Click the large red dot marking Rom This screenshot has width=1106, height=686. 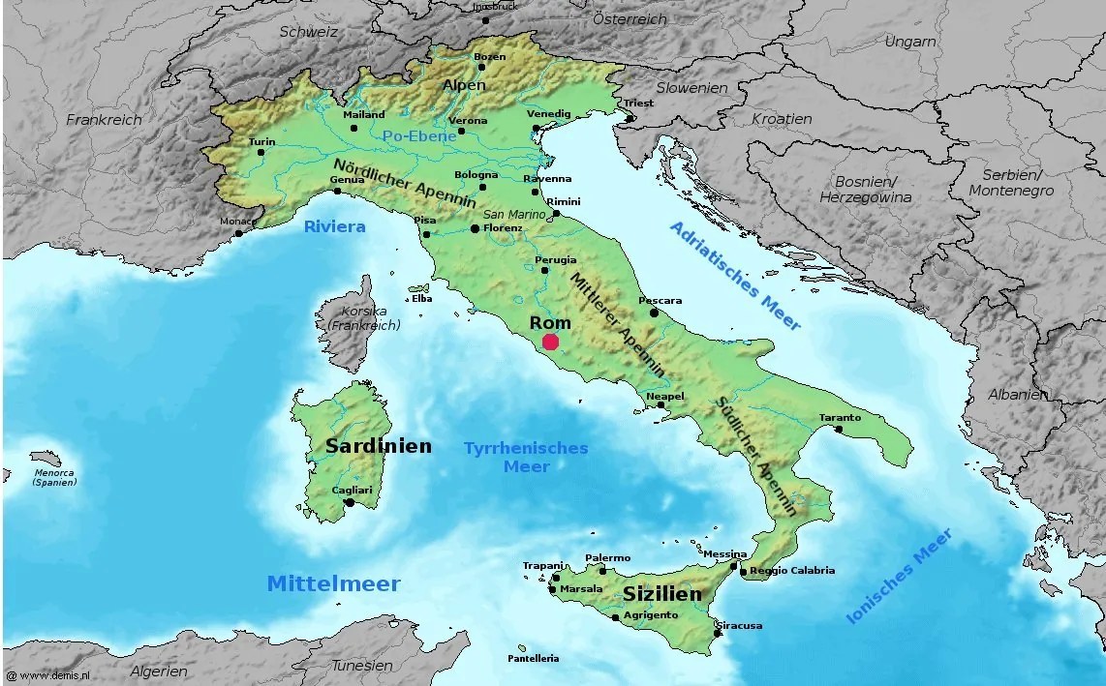pos(550,341)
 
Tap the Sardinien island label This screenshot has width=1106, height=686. pos(379,446)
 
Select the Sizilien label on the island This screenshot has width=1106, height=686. pos(661,593)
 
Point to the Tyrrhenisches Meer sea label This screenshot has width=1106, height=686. pos(526,457)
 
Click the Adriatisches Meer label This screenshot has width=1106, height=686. pos(736,275)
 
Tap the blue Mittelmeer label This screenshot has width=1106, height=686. pos(333,583)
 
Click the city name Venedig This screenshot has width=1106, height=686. pos(549,113)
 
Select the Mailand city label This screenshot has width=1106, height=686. pos(364,114)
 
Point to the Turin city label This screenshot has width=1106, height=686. pos(261,141)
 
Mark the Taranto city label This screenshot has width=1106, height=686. pos(840,417)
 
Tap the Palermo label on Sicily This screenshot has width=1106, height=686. pos(607,557)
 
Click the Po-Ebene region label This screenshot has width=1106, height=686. pos(419,136)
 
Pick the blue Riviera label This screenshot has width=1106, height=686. pos(334,226)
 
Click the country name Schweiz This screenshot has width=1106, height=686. pos(308,31)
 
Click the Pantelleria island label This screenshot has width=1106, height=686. pos(533,658)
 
